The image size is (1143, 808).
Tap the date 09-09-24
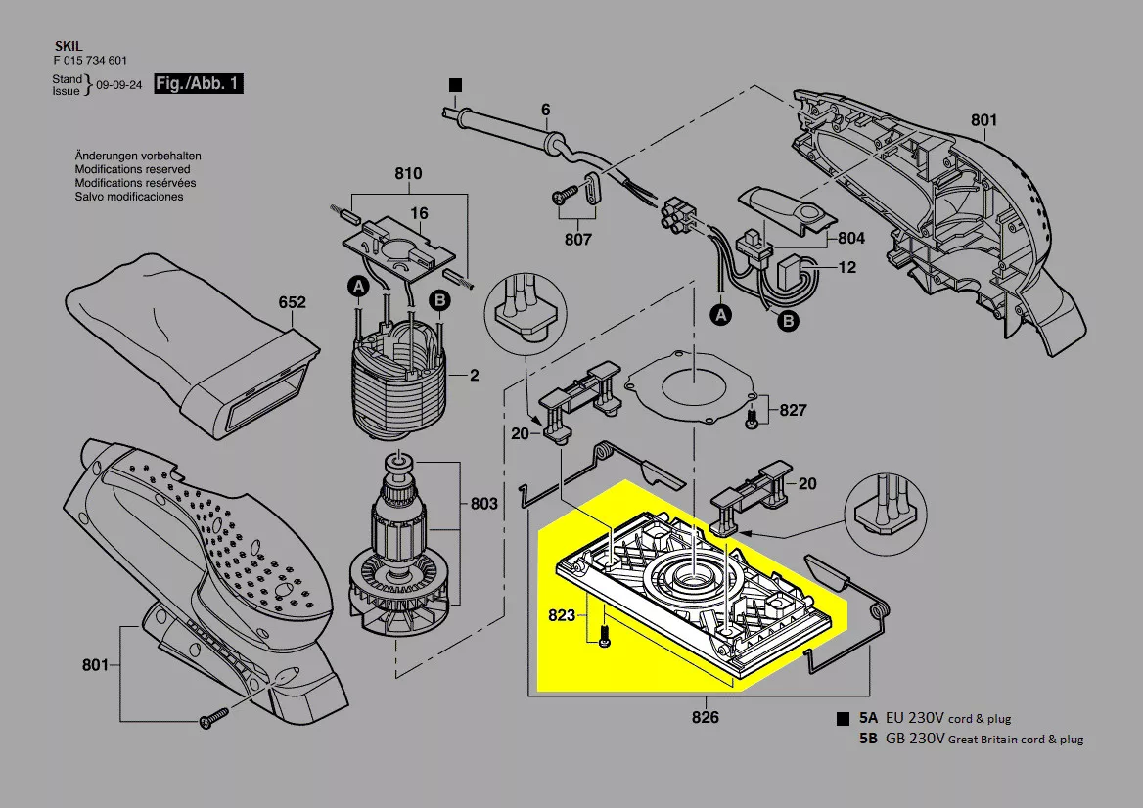(119, 85)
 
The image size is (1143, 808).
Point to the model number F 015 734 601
(89, 60)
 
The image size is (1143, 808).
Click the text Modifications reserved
(124, 169)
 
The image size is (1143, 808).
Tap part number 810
(408, 174)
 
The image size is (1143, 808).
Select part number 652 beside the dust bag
(293, 303)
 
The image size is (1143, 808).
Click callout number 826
(705, 717)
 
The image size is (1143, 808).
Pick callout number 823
(562, 617)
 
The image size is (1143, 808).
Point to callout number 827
(793, 410)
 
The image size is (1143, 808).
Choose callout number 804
(851, 238)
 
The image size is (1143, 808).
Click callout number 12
(846, 266)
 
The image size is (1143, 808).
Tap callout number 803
(484, 503)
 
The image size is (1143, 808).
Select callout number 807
(577, 239)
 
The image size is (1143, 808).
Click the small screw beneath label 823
(603, 637)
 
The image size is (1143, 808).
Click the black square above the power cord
(455, 86)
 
